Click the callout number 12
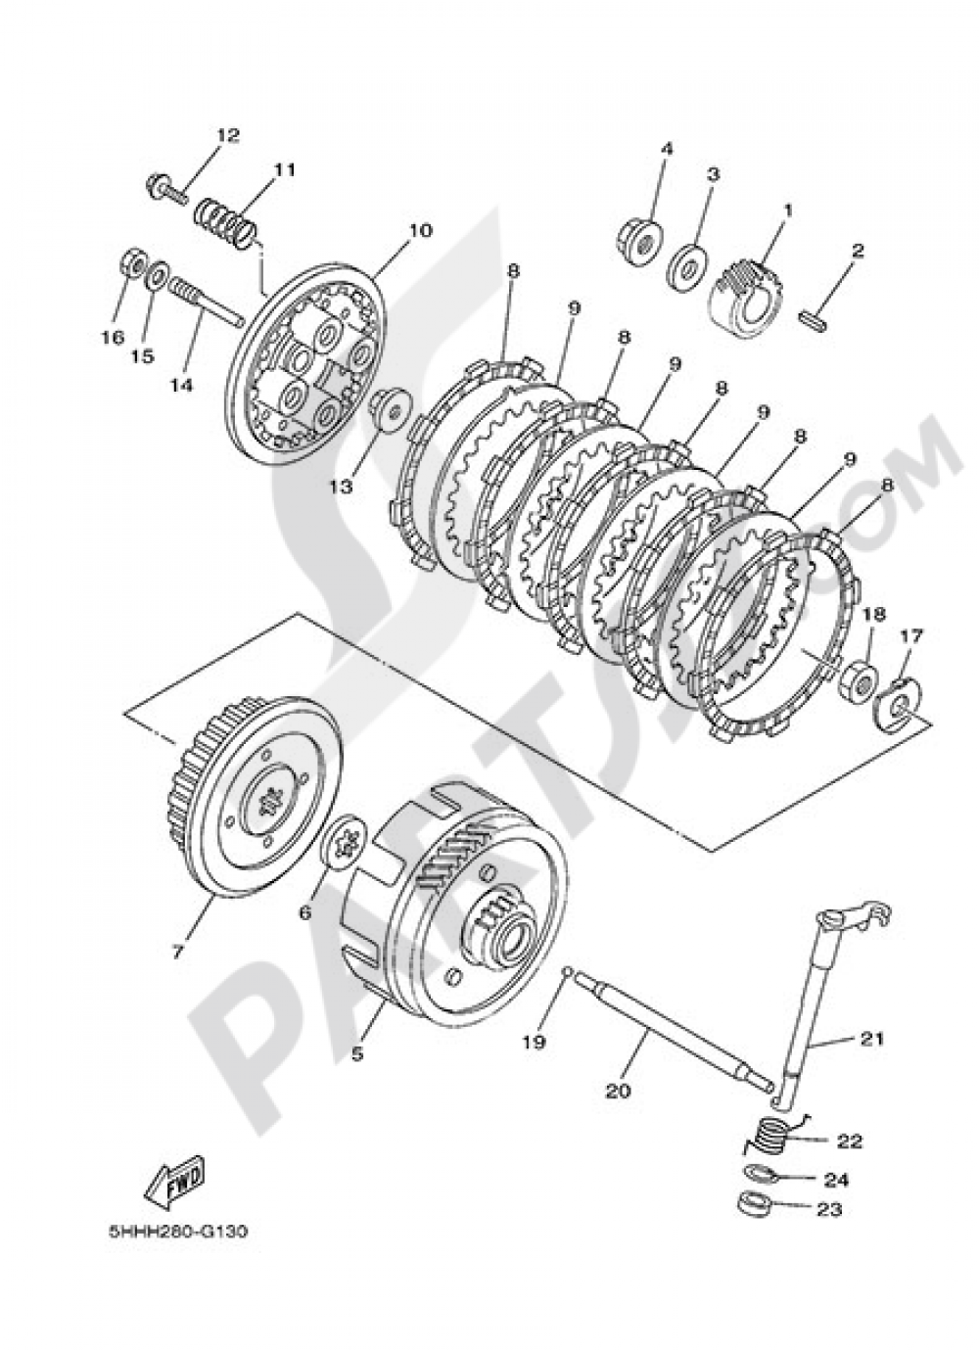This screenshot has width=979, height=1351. pos(227,135)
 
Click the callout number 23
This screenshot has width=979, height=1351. pos(828,1210)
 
